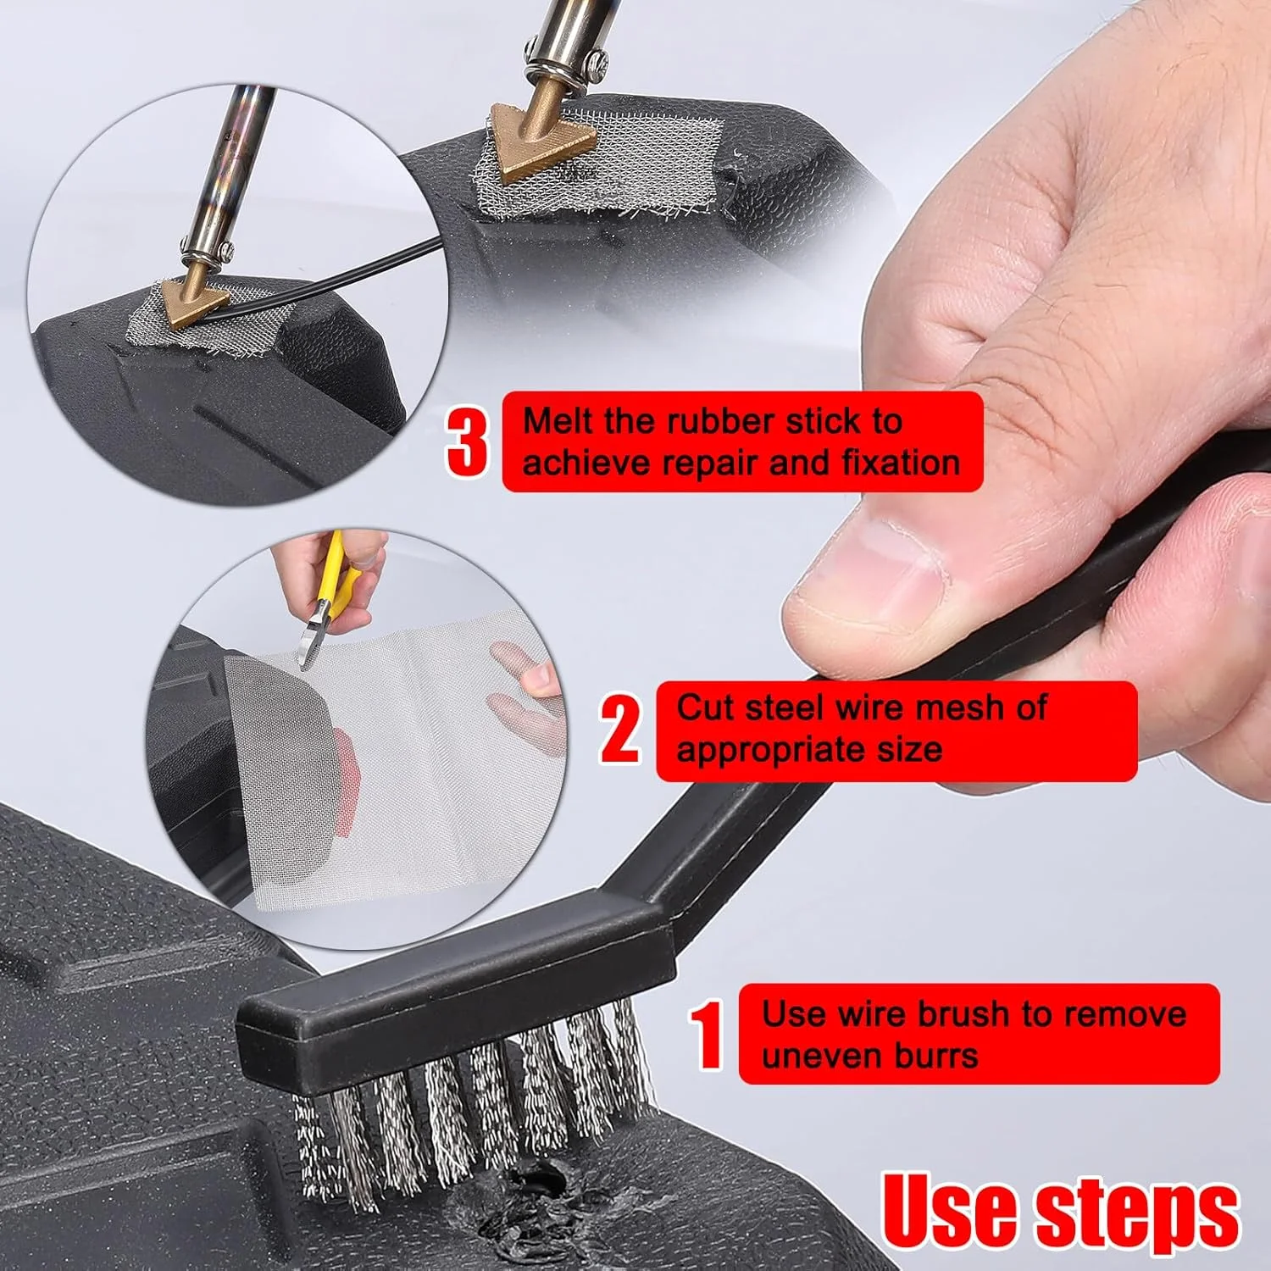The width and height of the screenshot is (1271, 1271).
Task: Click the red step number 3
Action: point(467,441)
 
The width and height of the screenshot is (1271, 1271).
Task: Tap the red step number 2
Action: point(620,727)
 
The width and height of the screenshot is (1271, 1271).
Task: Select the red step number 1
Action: point(706,1035)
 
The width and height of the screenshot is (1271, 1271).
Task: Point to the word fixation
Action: point(901,463)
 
